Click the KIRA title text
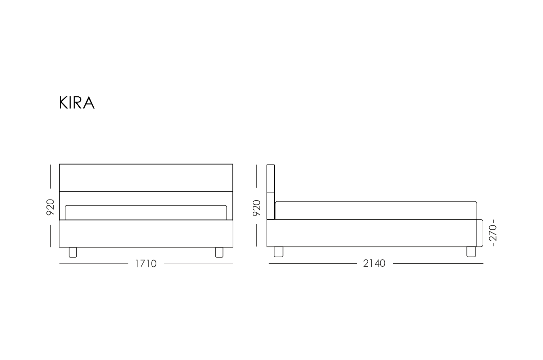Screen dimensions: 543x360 (77, 102)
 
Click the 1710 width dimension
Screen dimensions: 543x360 (146, 264)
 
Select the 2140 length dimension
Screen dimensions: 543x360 (374, 263)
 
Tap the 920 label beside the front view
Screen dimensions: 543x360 (50, 207)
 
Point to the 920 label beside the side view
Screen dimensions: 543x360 (256, 208)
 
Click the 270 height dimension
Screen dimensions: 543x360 (493, 233)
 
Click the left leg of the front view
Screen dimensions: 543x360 (73, 252)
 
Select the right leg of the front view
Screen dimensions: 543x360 (219, 252)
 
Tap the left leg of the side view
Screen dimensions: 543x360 (278, 252)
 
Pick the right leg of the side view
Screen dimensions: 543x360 (471, 252)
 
